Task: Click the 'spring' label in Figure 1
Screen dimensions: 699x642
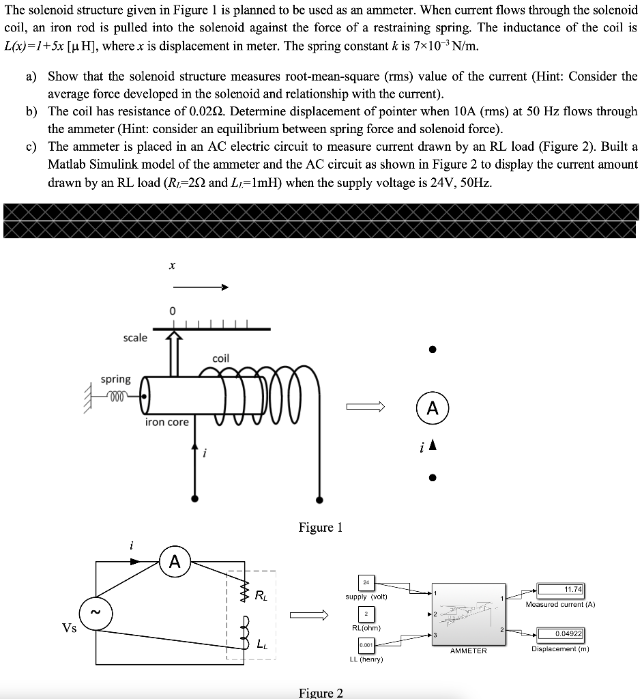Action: tap(115, 379)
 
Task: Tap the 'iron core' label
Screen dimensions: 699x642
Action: tap(166, 423)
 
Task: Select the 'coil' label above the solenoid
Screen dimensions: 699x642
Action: tap(221, 358)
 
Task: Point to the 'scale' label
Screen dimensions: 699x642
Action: tap(134, 338)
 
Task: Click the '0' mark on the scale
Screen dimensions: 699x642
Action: tap(173, 311)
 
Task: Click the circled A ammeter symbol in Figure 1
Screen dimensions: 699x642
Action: tap(433, 408)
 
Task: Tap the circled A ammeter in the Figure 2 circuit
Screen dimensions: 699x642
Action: tap(175, 562)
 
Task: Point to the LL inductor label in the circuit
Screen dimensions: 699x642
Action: tap(261, 643)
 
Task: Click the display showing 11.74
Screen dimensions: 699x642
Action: tap(561, 590)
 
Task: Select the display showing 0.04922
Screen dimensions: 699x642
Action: tap(561, 634)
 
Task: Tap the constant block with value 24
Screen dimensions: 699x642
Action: tap(367, 582)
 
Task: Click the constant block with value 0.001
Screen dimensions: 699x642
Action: tap(366, 644)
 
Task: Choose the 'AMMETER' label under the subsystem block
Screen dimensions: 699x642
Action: tap(468, 651)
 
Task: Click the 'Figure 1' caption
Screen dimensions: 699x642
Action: tap(320, 528)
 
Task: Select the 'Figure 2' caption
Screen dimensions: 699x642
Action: tap(321, 693)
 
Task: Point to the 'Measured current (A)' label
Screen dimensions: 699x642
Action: tap(561, 604)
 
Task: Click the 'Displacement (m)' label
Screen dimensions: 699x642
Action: tap(561, 648)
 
